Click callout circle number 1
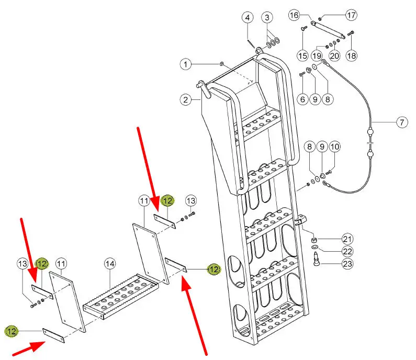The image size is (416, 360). pos(185,64)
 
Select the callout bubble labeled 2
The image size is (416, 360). pos(185,98)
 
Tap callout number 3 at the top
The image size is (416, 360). pos(267,17)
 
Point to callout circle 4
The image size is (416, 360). pos(248,17)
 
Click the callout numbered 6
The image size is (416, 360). pos(302,98)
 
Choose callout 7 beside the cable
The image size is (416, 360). pos(401,123)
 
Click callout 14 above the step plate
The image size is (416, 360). pos(109,263)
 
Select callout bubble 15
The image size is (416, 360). pos(302,55)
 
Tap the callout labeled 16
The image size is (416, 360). pos(295,15)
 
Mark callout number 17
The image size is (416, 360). pos(351,15)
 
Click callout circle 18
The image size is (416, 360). pos(351,55)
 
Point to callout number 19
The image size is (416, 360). pos(317,55)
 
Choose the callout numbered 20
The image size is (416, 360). pos(334,55)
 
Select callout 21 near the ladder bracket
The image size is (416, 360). pos(347,239)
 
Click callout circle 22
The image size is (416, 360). pos(347,251)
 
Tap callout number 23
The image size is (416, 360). pos(347,264)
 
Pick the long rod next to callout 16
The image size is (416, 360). pos(328,29)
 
